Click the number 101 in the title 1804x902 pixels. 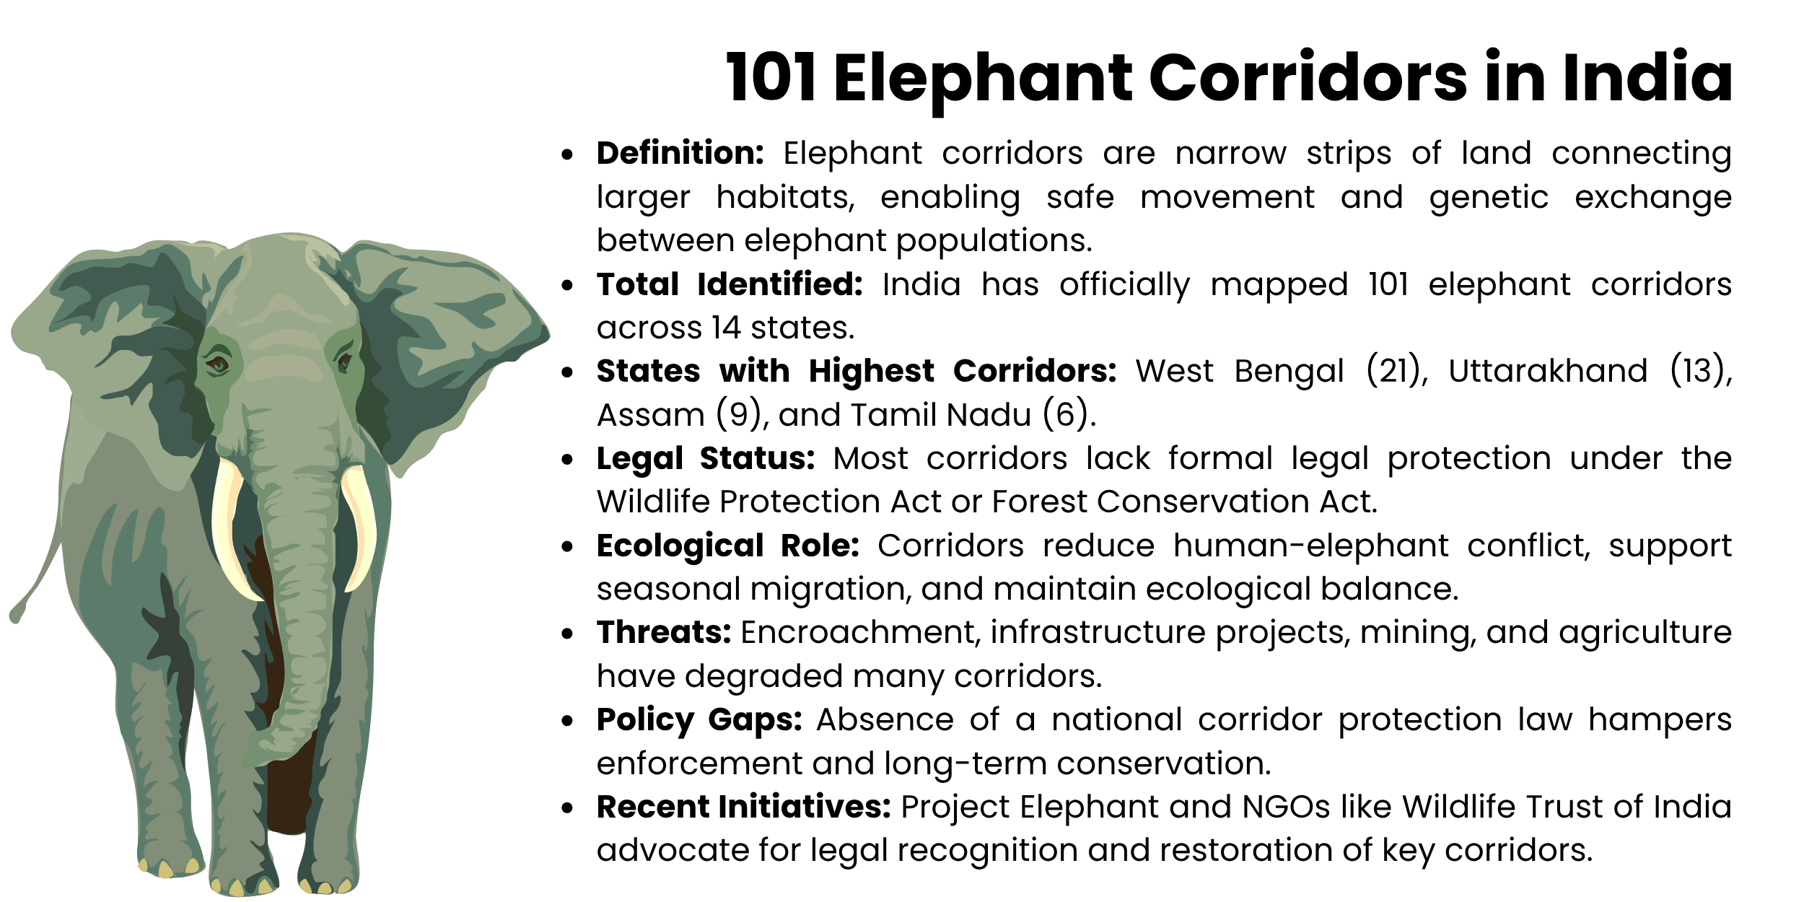click(771, 78)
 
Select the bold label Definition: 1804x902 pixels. click(680, 154)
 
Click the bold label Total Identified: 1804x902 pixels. click(730, 284)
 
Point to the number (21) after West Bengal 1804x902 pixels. click(1396, 371)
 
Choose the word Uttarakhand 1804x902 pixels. click(1548, 371)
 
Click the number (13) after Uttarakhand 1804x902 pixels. click(1699, 371)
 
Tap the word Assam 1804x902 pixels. click(650, 415)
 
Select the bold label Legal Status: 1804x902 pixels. click(705, 458)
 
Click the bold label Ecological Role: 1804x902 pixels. click(727, 546)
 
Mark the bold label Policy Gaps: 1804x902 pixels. click(699, 719)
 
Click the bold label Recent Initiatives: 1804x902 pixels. click(743, 807)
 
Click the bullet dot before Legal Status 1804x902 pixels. click(568, 459)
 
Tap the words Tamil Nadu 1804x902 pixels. click(941, 415)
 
